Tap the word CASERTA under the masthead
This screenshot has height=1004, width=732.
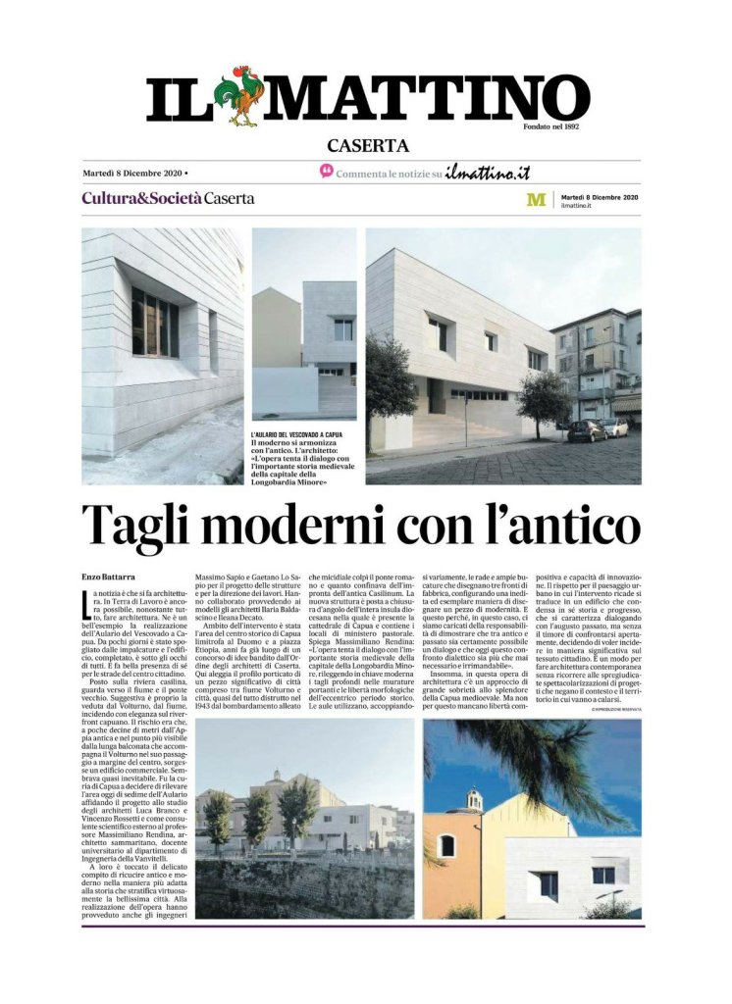click(x=367, y=146)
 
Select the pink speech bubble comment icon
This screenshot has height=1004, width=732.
click(x=327, y=172)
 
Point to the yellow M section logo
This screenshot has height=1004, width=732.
click(x=536, y=199)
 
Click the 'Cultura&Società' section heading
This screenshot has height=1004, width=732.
click(x=141, y=198)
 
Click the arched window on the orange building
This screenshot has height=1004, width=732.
click(x=446, y=845)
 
